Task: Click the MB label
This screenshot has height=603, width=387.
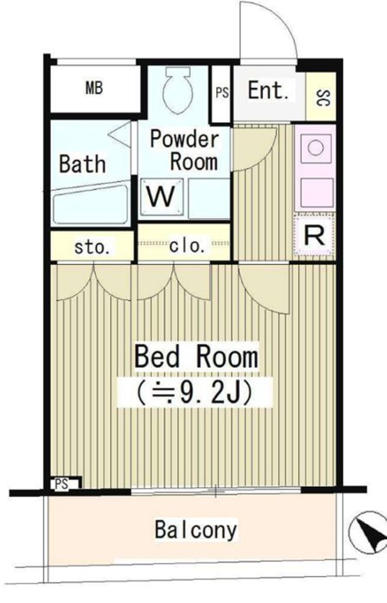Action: click(94, 88)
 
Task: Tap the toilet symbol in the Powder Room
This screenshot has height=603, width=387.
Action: click(177, 90)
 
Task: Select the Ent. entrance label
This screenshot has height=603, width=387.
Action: click(268, 90)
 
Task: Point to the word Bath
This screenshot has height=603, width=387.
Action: click(83, 163)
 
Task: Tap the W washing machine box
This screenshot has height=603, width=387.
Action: click(161, 196)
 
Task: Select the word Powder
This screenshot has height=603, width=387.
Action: click(184, 139)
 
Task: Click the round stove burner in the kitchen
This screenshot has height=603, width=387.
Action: click(315, 148)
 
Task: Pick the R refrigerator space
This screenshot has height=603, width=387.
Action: click(314, 236)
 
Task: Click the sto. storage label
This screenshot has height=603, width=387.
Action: click(92, 247)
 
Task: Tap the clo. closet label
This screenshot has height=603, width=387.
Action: click(187, 245)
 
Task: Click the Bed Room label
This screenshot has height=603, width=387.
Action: click(196, 357)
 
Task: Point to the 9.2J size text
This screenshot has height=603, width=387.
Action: click(194, 393)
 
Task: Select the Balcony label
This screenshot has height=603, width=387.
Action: click(196, 529)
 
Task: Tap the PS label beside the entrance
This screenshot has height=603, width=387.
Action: click(222, 93)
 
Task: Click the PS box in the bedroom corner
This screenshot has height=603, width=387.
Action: click(65, 483)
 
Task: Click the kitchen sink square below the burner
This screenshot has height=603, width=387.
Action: click(315, 192)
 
